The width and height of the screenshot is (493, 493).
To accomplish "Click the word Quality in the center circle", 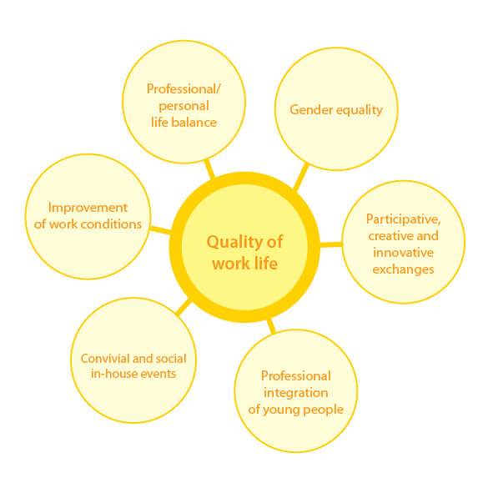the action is click(x=232, y=243).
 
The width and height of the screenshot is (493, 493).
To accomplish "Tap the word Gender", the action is click(x=311, y=110).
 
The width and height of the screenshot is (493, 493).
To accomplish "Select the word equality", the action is click(x=360, y=110).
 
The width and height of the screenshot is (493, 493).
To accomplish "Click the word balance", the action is click(x=194, y=123).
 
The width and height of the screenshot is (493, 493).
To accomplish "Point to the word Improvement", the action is click(x=88, y=208).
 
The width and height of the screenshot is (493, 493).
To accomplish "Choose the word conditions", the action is click(x=111, y=224).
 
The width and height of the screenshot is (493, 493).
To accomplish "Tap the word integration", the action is click(x=296, y=394).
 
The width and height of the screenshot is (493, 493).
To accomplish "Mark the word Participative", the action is click(x=404, y=219).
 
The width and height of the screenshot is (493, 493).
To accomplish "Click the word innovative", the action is click(x=404, y=253).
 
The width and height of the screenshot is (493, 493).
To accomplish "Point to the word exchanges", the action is click(x=404, y=269).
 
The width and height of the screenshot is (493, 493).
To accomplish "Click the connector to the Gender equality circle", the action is click(x=301, y=176).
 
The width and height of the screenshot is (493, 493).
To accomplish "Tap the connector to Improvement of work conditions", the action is click(x=161, y=230).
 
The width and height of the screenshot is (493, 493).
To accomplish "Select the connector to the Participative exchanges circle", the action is click(x=331, y=244).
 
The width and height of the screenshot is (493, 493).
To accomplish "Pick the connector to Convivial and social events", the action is click(x=184, y=307).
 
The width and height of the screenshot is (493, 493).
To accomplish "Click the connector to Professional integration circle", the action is click(x=271, y=326).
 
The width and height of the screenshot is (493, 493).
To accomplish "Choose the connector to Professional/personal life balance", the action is click(x=209, y=169).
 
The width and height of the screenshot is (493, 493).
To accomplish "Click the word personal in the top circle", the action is click(x=184, y=106).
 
